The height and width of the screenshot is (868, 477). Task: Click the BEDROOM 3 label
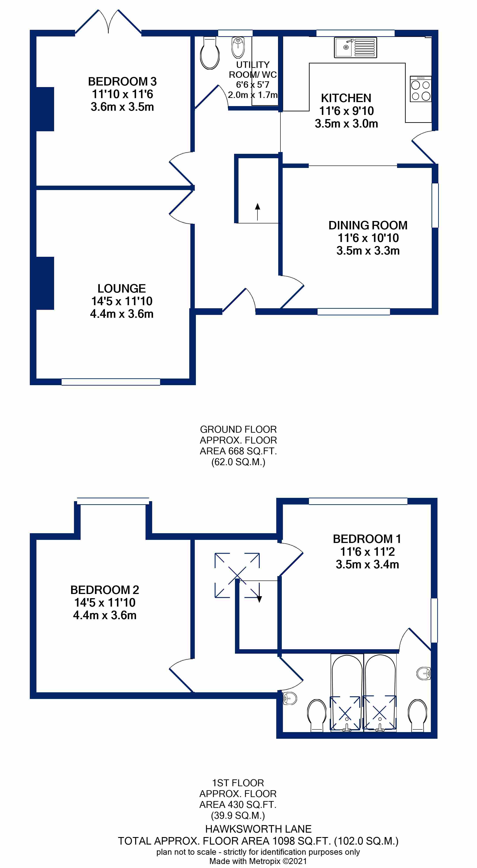[x=122, y=82]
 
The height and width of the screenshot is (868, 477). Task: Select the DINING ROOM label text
[x=368, y=225]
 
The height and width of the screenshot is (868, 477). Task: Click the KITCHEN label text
[x=346, y=98]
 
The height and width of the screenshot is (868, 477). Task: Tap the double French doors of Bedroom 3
[x=108, y=22]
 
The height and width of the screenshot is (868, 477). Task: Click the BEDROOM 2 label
[x=105, y=590]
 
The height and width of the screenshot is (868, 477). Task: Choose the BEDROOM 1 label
[x=367, y=539]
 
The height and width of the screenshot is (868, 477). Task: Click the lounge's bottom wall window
[x=111, y=382]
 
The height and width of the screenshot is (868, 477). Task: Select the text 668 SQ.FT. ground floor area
[x=253, y=451]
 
